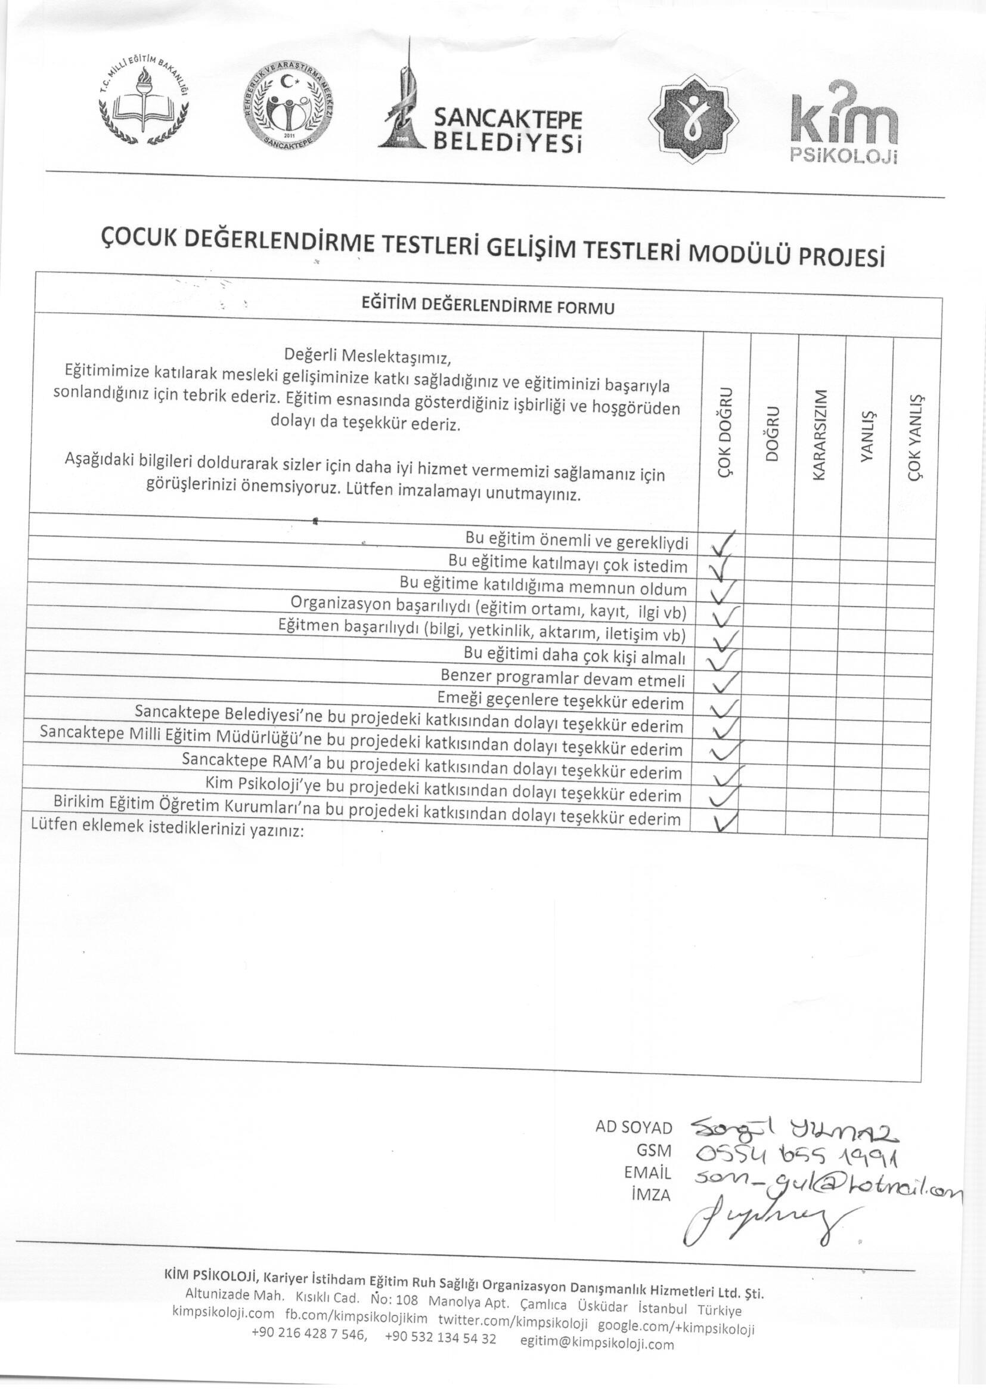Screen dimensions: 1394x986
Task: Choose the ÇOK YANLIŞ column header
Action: [914, 437]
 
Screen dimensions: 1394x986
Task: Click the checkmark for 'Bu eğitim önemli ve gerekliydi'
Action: [723, 544]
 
